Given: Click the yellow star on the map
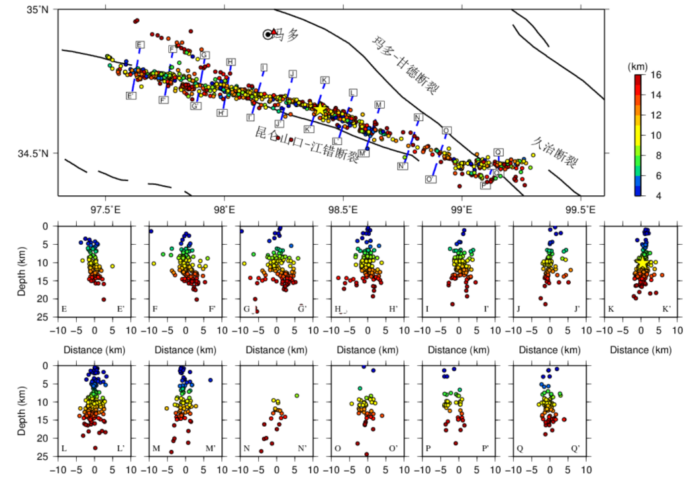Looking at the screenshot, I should [320, 108].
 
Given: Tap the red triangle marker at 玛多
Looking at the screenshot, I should [273, 32].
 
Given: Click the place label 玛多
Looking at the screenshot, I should [289, 34].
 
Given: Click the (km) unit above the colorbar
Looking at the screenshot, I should [637, 66].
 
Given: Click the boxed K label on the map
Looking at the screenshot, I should [324, 80].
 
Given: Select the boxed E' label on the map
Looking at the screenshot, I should [131, 96].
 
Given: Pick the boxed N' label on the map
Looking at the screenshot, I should [403, 166].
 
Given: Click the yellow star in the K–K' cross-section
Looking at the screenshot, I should [642, 262].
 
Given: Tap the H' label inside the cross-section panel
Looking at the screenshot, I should [393, 309].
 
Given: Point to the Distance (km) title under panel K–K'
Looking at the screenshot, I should [641, 350].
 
